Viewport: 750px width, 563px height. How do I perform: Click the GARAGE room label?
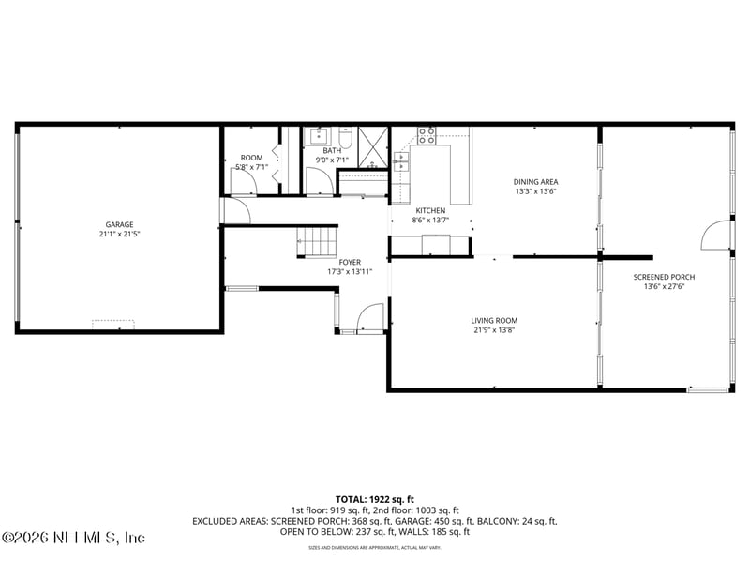click(x=119, y=224)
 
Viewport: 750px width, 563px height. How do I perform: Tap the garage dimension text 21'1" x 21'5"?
click(x=119, y=234)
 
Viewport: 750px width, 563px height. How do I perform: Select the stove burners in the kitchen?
click(x=427, y=134)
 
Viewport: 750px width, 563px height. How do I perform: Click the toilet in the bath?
click(x=346, y=140)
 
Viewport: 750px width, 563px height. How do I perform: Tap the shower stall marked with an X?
click(x=372, y=145)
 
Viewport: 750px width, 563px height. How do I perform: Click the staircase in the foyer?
click(x=317, y=240)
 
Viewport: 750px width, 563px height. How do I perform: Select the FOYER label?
click(x=350, y=262)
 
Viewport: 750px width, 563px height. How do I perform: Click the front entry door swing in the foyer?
click(x=370, y=317)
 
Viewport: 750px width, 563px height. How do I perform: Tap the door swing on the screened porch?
click(x=716, y=235)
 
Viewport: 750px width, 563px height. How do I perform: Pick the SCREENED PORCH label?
click(x=664, y=277)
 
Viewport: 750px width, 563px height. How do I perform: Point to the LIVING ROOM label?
click(x=494, y=320)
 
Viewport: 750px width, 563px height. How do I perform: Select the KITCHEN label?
click(x=430, y=210)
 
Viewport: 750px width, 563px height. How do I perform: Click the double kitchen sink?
click(x=401, y=161)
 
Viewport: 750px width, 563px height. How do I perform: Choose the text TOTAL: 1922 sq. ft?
click(x=375, y=498)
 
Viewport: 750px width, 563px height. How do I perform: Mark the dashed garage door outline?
click(x=112, y=324)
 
